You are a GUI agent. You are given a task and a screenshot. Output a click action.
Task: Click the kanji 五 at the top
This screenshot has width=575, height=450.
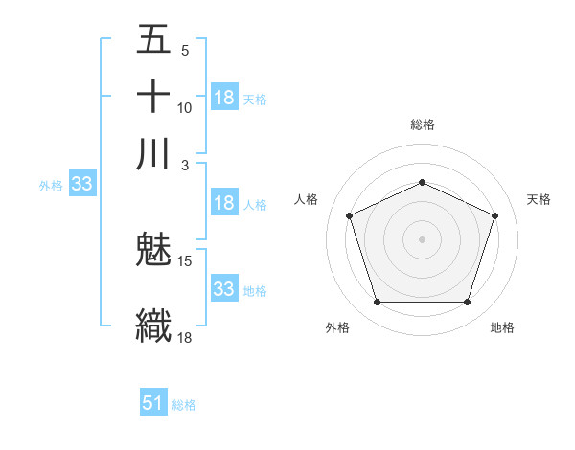154,40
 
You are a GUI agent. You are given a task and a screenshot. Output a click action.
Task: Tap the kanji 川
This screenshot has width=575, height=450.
154,154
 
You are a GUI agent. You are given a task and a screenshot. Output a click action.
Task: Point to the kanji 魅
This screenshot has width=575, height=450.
154,252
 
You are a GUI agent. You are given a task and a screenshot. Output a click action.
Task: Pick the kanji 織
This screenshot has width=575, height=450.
154,325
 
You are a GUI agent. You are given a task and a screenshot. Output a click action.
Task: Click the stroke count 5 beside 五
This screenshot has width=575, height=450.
185,51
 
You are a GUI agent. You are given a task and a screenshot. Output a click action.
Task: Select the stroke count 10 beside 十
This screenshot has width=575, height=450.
185,107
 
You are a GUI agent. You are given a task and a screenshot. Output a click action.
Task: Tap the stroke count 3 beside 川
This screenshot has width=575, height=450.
185,165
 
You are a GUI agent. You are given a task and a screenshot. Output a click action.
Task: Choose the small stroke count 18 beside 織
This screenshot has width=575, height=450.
185,336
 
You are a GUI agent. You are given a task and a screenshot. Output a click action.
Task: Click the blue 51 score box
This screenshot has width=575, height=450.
153,403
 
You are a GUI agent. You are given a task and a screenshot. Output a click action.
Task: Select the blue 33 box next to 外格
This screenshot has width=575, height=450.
80,185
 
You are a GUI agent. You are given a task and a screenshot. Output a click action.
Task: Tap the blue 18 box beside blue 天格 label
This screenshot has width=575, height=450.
224,98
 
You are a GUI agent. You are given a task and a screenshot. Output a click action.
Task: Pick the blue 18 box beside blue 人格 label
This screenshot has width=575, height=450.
224,203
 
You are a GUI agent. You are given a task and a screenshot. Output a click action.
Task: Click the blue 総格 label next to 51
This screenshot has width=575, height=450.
184,405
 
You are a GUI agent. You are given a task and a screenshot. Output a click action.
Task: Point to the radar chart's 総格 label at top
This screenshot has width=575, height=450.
423,124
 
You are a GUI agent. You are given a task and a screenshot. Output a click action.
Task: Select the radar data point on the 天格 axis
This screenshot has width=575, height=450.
494,215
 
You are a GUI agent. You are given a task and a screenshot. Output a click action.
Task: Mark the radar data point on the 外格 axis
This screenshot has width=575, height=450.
377,303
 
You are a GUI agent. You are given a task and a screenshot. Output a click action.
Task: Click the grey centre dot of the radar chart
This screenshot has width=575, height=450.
423,238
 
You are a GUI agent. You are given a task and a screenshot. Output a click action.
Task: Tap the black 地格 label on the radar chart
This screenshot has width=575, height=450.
502,328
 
